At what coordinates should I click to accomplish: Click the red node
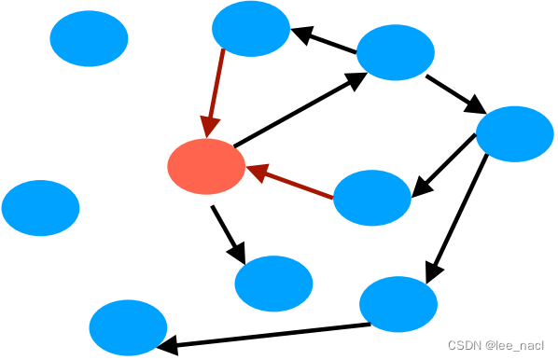pyautogui.click(x=206, y=167)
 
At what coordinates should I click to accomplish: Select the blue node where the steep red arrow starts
pyautogui.click(x=251, y=29)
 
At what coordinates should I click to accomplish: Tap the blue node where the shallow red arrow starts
pyautogui.click(x=372, y=198)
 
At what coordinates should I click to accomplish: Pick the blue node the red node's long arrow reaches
pyautogui.click(x=396, y=52)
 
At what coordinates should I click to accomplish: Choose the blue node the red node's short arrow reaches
pyautogui.click(x=273, y=284)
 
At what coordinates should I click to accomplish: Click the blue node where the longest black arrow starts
pyautogui.click(x=398, y=304)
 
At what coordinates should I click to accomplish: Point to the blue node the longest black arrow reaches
pyautogui.click(x=128, y=327)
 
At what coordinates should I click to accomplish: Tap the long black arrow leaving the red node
pyautogui.click(x=300, y=109)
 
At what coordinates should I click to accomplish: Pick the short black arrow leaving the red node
pyautogui.click(x=228, y=235)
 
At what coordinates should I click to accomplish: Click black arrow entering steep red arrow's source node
pyautogui.click(x=324, y=39)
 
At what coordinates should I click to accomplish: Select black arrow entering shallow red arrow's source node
pyautogui.click(x=444, y=165)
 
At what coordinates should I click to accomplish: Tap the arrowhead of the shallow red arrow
pyautogui.click(x=257, y=172)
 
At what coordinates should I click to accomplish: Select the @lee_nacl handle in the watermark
pyautogui.click(x=514, y=345)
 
